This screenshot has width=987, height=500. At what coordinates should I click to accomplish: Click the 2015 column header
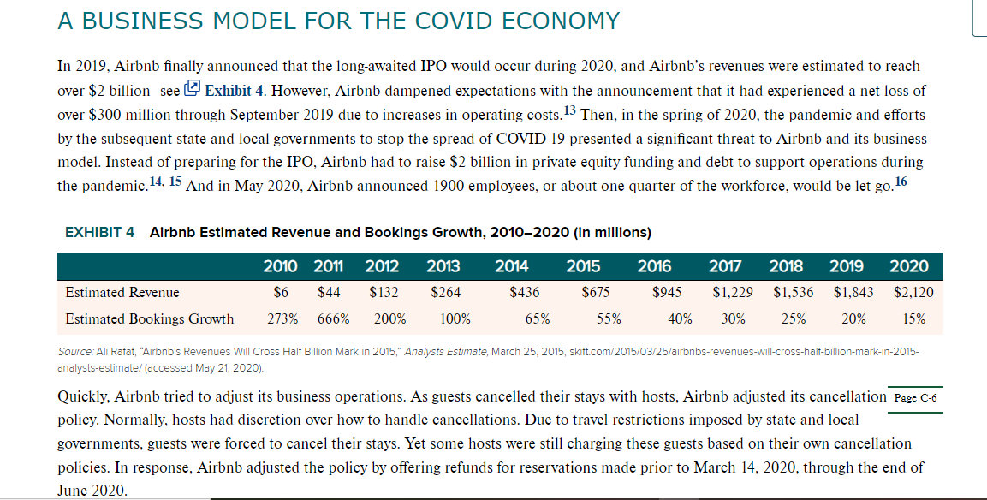[x=583, y=266]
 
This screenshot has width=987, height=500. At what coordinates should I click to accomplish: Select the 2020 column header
[x=908, y=266]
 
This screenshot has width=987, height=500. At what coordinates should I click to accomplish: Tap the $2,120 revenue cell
[x=913, y=292]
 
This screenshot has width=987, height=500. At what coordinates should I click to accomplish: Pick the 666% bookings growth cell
[x=333, y=318]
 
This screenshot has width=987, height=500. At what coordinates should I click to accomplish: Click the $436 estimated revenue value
[x=525, y=292]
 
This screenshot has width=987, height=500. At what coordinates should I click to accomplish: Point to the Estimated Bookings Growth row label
[x=149, y=318]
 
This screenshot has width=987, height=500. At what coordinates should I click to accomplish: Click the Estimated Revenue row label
[x=122, y=292]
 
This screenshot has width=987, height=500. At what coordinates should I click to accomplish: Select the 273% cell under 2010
[x=282, y=318]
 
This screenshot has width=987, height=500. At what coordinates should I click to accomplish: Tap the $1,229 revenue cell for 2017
[x=733, y=292]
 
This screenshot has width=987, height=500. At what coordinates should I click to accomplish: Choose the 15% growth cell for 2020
[x=914, y=318]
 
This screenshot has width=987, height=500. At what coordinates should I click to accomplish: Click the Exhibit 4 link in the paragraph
[x=235, y=91]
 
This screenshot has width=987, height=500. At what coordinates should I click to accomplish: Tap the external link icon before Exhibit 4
[x=192, y=89]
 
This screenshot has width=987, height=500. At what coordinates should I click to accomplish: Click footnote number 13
[x=569, y=111]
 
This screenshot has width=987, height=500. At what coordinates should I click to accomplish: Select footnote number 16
[x=901, y=182]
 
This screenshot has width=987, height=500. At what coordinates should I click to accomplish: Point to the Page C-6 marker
[x=915, y=398]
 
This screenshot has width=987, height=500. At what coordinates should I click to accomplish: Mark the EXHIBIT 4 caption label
[x=99, y=232]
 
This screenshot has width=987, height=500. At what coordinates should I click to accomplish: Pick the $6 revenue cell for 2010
[x=281, y=292]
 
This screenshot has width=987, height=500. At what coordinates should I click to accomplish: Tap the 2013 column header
[x=443, y=266]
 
